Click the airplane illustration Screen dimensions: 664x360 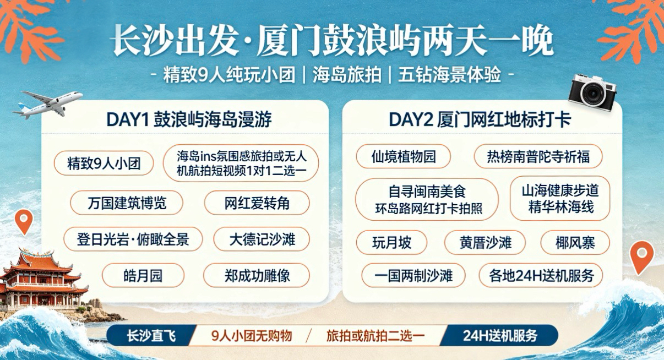(48, 103)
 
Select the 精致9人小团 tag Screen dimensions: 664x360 (104, 163)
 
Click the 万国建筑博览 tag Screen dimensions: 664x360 (127, 203)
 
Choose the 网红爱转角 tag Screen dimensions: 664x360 (257, 203)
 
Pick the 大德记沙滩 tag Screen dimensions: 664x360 (262, 239)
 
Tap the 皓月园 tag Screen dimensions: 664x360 (143, 276)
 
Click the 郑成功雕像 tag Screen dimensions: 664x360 (257, 276)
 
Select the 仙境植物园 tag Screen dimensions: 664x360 (403, 156)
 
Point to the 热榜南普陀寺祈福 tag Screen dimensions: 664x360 (538, 156)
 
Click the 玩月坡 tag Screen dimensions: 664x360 (391, 243)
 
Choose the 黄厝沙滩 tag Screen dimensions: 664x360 (485, 243)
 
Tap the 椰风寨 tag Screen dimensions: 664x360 (575, 243)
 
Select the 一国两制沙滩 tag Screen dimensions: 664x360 (413, 276)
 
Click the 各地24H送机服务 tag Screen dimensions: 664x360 (541, 276)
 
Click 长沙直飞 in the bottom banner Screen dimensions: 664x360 (151, 336)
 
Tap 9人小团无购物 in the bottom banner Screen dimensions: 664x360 (252, 336)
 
